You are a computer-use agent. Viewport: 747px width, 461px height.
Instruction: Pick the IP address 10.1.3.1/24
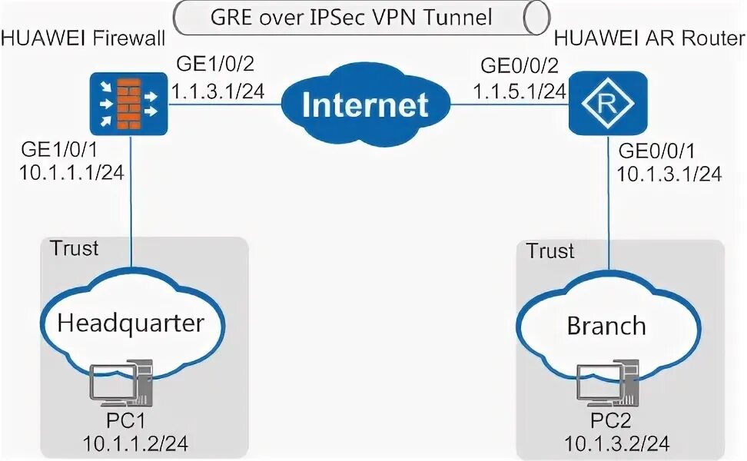coord(669,174)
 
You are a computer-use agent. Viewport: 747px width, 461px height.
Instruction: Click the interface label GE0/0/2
coord(515,65)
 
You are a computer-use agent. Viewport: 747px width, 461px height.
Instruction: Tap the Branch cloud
coord(606,326)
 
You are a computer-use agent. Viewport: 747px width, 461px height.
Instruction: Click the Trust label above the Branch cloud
coord(550,251)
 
